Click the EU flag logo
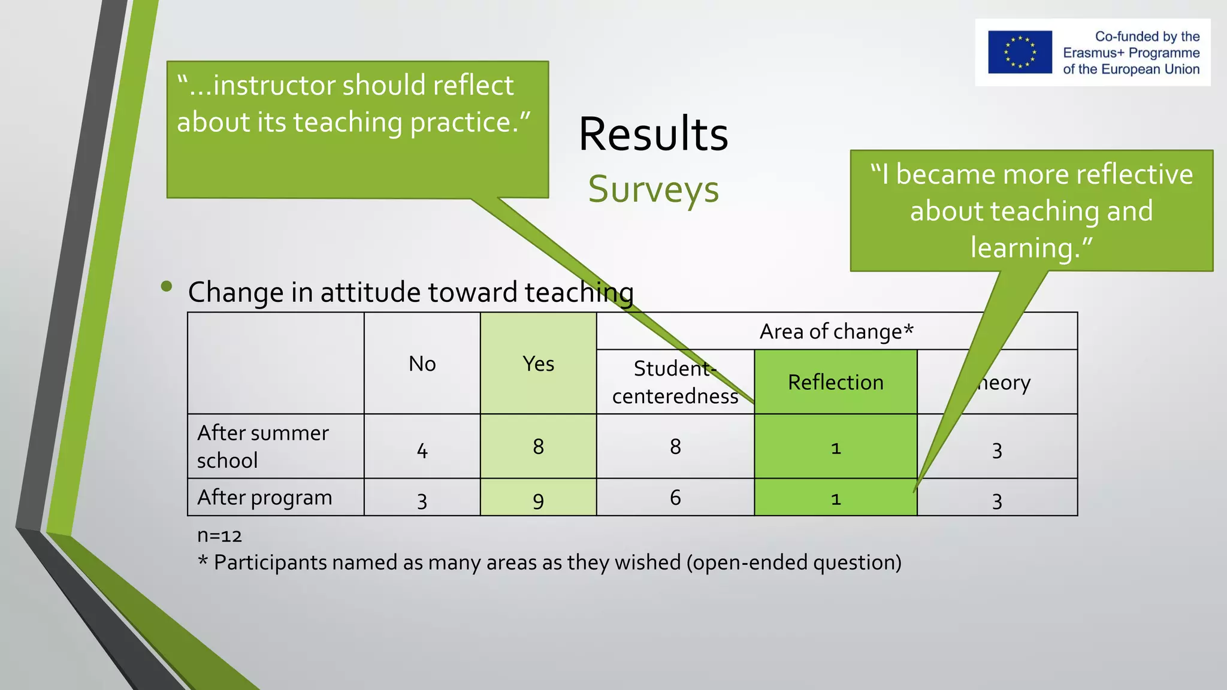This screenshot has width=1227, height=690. click(1020, 52)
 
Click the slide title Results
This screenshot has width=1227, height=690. click(653, 134)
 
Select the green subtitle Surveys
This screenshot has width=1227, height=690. click(653, 189)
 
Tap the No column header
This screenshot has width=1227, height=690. click(422, 364)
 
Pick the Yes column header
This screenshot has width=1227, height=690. click(538, 364)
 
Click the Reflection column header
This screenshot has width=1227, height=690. click(835, 382)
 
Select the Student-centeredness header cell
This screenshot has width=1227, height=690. click(675, 382)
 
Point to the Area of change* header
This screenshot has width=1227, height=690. click(836, 331)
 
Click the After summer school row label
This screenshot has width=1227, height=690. click(263, 446)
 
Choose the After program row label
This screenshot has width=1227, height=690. click(264, 497)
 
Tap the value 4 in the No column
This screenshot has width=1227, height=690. click(422, 450)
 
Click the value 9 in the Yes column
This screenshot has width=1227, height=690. click(538, 500)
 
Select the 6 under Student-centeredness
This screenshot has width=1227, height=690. click(675, 497)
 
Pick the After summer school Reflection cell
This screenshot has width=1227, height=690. click(835, 447)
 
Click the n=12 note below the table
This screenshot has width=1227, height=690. click(219, 535)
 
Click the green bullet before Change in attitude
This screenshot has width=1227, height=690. click(167, 287)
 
